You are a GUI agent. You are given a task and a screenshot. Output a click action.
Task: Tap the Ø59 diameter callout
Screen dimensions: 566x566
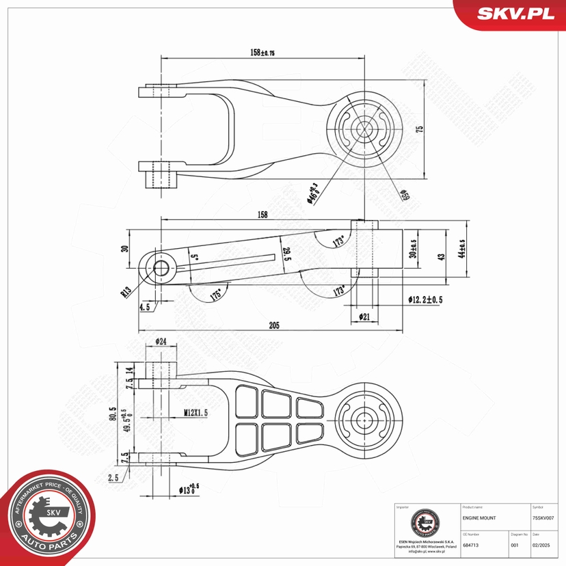click(405, 196)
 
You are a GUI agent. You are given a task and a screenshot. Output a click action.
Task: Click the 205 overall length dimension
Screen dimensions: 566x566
click(274, 326)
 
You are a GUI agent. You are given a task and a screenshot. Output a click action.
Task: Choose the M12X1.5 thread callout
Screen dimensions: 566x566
click(196, 412)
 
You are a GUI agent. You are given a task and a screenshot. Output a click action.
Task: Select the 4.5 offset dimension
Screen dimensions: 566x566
click(145, 308)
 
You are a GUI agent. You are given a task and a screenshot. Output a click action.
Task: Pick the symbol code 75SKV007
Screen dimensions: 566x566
click(547, 519)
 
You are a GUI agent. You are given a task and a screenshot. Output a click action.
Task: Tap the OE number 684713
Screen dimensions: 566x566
click(470, 545)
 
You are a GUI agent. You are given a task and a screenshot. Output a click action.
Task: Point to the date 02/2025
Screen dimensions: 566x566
click(541, 545)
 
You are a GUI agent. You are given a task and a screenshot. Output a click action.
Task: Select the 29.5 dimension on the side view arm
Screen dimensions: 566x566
click(288, 254)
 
